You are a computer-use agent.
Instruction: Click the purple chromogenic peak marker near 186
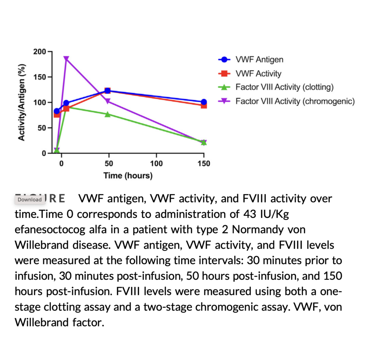pos(66,59)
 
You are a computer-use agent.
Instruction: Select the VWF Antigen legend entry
pos(259,59)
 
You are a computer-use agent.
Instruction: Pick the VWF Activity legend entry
pos(258,73)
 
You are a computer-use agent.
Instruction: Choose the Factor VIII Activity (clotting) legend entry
pos(284,87)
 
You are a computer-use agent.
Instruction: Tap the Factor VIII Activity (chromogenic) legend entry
pos(295,101)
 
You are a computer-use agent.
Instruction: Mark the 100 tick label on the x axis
pos(156,164)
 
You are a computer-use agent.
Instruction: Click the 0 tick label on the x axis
pos(61,164)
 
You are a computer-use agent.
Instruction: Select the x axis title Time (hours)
pos(128,176)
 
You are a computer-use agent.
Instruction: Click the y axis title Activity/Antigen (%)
pos(23,102)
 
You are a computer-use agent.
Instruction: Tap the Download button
pos(30,199)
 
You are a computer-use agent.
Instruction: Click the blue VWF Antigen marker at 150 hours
pos(204,102)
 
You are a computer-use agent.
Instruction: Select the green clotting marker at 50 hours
pos(108,114)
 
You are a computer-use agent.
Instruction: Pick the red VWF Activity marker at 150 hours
pos(204,106)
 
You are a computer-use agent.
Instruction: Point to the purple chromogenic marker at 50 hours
pos(108,101)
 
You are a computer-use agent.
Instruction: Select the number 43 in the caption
pos(248,214)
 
